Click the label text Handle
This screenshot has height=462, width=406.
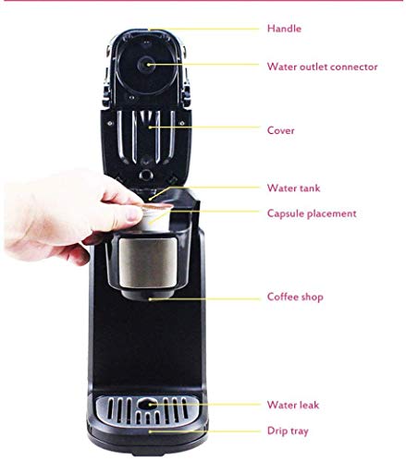point(284,29)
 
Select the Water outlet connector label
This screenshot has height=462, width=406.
point(322,66)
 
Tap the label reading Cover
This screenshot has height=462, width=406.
point(280,130)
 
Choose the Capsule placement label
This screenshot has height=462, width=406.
point(311,213)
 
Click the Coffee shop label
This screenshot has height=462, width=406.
point(295,297)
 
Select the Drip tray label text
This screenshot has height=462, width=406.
point(288,431)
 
